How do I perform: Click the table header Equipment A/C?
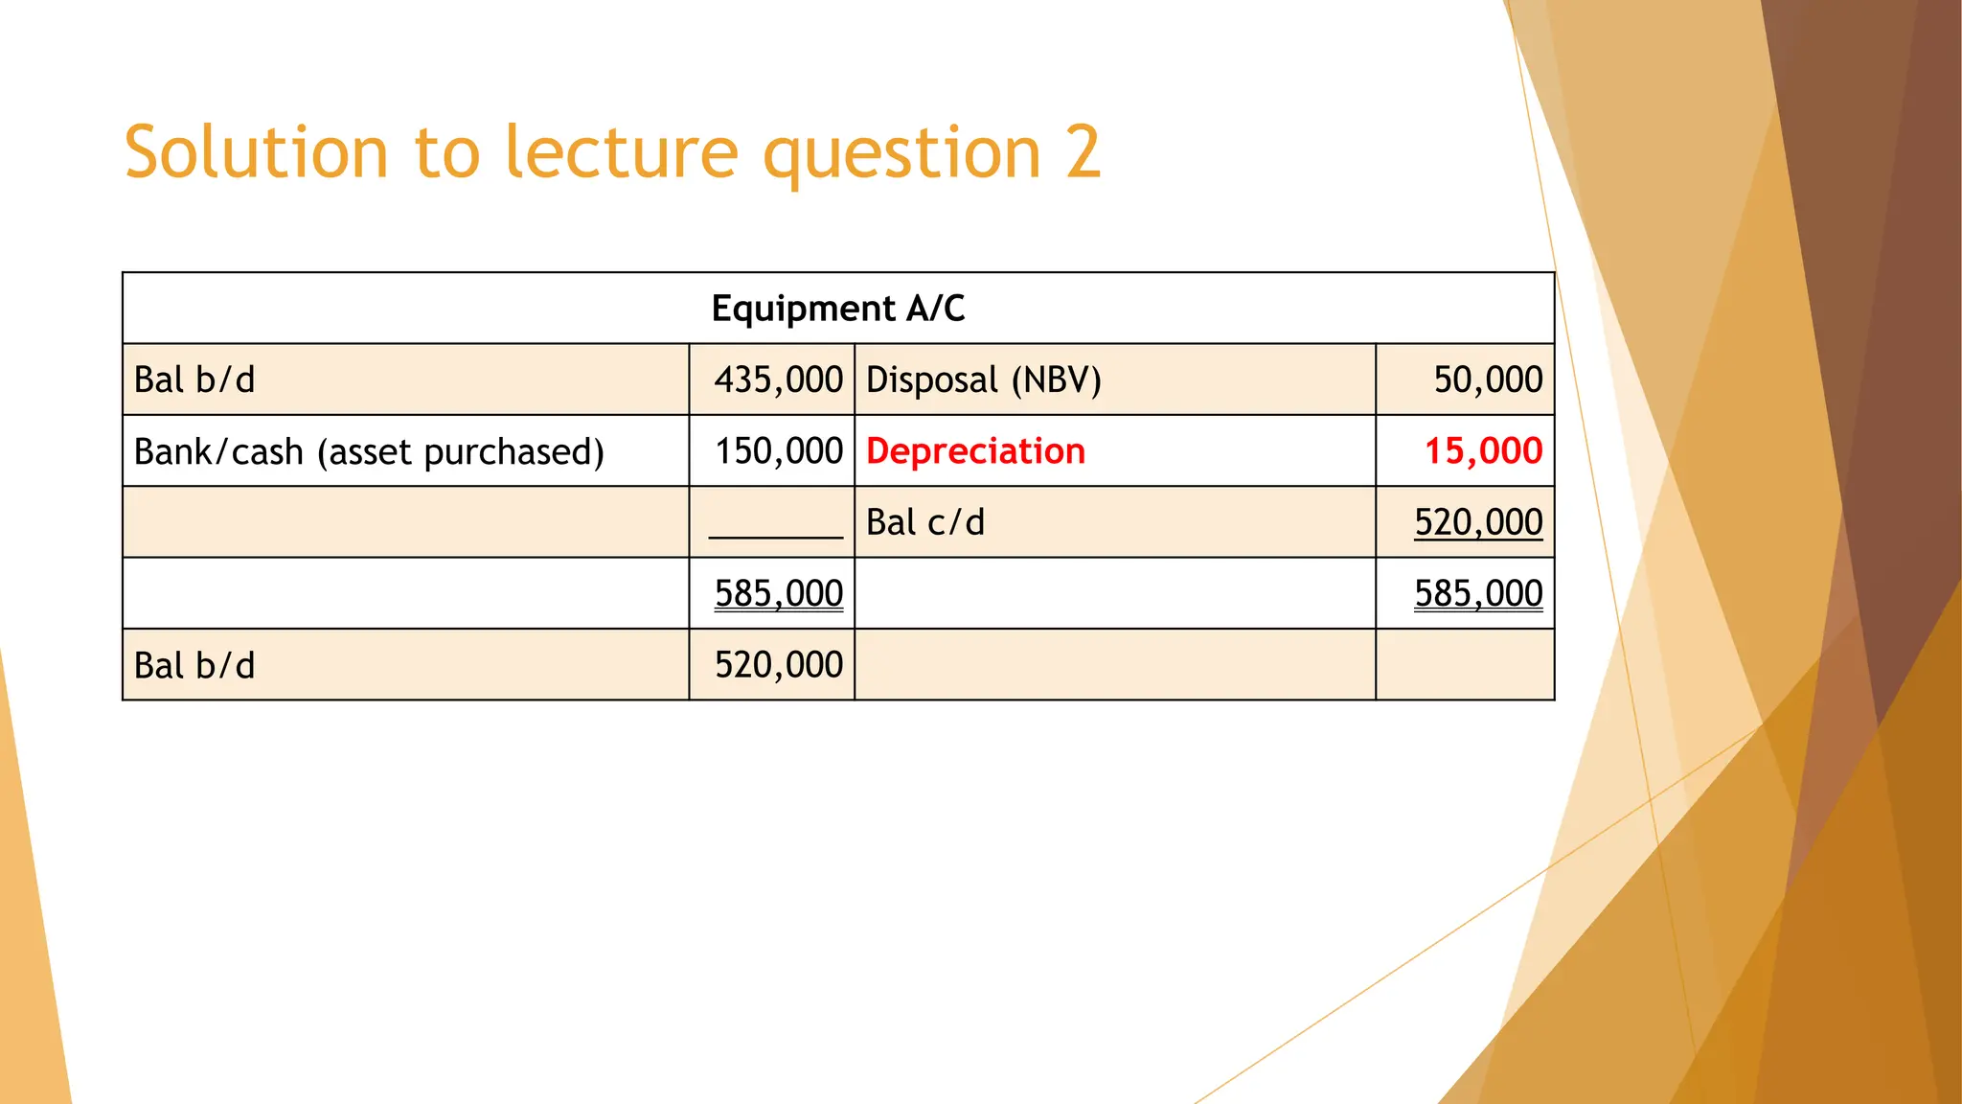(x=838, y=309)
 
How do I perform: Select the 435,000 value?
(x=778, y=379)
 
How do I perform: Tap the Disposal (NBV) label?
(x=983, y=379)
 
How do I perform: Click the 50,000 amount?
(x=1488, y=379)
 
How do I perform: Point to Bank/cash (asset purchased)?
(x=369, y=451)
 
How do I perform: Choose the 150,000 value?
(x=778, y=451)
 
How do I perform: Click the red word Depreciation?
(x=975, y=451)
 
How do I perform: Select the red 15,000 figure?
(x=1483, y=451)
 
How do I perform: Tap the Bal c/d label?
(x=924, y=522)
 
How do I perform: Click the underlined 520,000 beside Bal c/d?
(x=1478, y=522)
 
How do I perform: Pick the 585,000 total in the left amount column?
(x=778, y=593)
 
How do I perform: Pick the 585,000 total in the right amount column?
(x=1478, y=593)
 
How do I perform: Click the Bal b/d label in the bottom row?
(x=194, y=665)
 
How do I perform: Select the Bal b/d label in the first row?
(x=194, y=379)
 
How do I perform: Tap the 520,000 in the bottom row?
(x=778, y=665)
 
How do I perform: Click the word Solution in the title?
(x=256, y=152)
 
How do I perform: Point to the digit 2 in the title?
(x=1083, y=152)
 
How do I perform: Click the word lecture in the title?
(x=622, y=152)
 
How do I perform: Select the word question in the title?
(x=901, y=152)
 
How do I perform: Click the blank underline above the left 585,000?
(x=775, y=537)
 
